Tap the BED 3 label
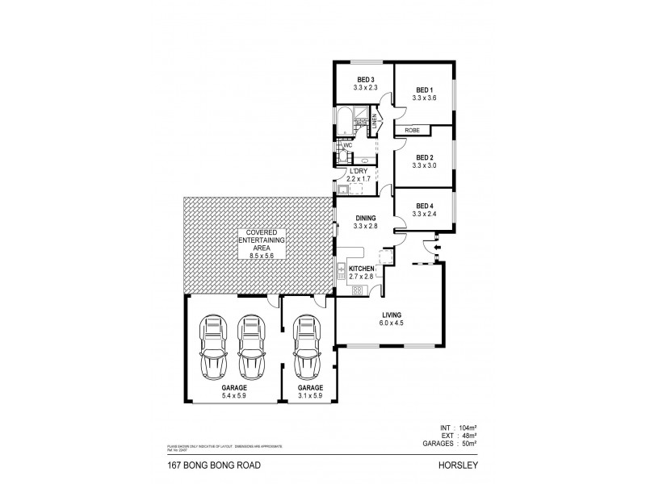(x=364, y=80)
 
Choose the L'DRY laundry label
(x=359, y=171)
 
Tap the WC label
(x=348, y=145)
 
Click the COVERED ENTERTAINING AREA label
(x=259, y=244)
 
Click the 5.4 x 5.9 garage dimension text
(x=229, y=396)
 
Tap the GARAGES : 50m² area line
(x=449, y=442)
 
